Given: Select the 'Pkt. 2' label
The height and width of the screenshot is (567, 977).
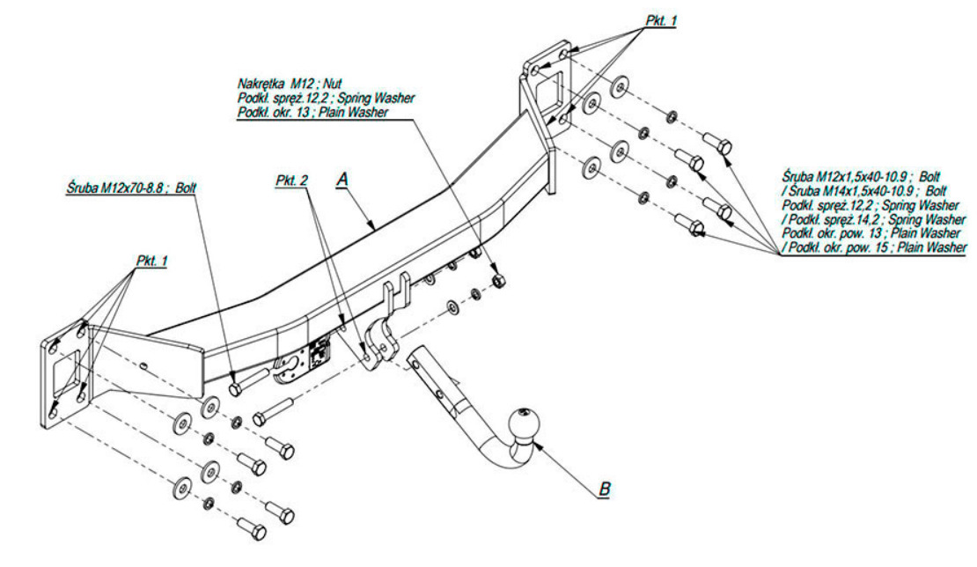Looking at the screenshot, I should pyautogui.click(x=291, y=181).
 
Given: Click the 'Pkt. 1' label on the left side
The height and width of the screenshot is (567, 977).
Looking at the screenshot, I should pyautogui.click(x=152, y=261).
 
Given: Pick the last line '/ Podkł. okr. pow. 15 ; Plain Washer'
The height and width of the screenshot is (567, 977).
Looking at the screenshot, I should pyautogui.click(x=874, y=248).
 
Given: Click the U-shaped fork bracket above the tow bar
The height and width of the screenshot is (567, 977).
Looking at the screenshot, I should pyautogui.click(x=395, y=291).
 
